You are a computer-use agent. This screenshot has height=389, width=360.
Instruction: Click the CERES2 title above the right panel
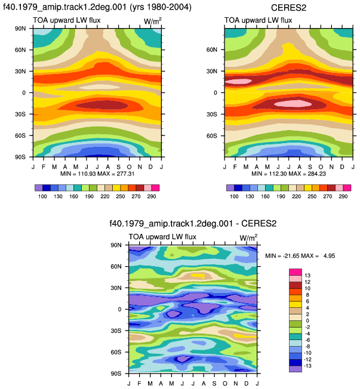288,8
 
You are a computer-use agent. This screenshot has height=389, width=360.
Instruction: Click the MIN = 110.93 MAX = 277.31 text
97,174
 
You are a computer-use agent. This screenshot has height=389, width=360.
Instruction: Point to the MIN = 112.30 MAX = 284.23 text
288,174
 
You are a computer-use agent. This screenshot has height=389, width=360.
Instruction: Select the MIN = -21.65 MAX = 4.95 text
300,255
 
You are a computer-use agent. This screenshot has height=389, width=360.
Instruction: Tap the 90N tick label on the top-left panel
20,29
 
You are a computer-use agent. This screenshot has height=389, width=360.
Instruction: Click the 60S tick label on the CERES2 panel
212,135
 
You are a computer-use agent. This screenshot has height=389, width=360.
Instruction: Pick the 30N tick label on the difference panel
116,288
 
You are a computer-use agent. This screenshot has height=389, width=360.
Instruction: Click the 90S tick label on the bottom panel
116,373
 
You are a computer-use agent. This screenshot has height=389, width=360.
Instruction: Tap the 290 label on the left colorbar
152,196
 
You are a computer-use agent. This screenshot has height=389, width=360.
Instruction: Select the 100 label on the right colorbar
234,196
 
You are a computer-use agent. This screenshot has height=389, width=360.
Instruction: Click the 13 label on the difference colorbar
307,276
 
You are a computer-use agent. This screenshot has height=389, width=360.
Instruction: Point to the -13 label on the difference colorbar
307,366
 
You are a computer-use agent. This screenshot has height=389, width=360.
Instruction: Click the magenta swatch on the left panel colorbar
155,188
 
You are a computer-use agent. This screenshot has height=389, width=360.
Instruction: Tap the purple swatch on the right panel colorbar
230,188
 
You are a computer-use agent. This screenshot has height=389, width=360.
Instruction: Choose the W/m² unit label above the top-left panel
153,21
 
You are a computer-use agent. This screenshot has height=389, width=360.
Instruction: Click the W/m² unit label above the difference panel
248,237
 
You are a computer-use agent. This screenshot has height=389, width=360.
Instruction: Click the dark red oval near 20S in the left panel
102,105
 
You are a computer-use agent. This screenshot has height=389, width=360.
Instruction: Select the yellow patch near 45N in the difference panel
198,276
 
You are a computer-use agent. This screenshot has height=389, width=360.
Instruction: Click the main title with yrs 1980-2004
97,7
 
